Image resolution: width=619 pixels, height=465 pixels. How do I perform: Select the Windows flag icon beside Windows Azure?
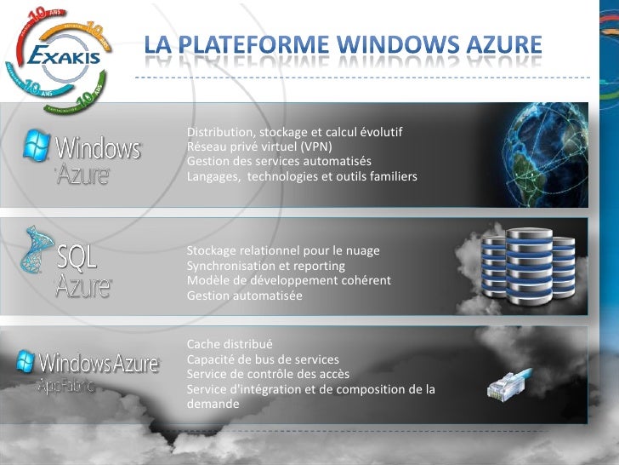point(36,146)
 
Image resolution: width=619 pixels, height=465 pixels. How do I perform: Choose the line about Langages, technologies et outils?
point(302,176)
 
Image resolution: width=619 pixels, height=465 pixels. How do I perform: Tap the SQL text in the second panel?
point(77,257)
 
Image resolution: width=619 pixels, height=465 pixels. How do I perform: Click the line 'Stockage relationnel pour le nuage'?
point(283,251)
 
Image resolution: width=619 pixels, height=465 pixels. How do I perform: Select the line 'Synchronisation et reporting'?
point(265,266)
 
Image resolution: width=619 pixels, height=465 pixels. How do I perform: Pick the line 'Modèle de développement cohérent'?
point(288,280)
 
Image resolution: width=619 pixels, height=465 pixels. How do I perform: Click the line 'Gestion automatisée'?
point(244,296)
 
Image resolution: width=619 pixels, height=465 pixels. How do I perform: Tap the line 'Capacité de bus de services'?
point(262,359)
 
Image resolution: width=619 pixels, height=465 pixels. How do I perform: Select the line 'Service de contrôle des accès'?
point(268,374)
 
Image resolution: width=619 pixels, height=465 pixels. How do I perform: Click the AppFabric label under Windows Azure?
point(65,385)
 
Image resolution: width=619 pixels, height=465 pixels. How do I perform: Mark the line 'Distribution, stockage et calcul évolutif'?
point(294,133)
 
